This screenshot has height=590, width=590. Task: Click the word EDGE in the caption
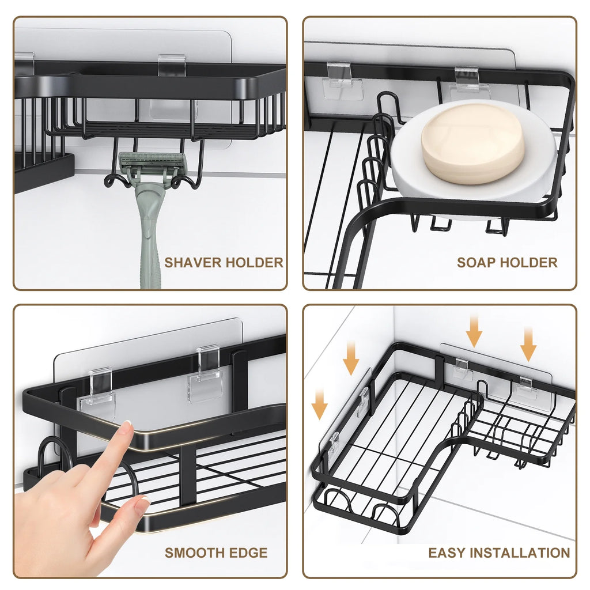[249, 553]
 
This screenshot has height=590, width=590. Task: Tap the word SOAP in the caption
[474, 263]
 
